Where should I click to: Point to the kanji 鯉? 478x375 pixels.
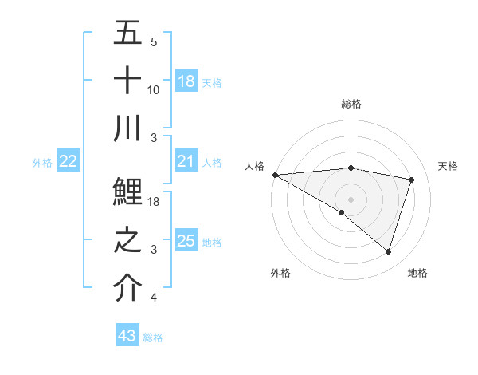(127, 194)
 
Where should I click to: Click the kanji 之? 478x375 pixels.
(127, 241)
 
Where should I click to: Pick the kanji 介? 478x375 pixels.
(127, 289)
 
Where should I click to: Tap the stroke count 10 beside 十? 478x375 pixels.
(154, 89)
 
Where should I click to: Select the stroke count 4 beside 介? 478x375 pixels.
(153, 298)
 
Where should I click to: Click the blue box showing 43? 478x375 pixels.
(127, 336)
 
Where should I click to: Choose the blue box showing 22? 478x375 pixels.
(69, 162)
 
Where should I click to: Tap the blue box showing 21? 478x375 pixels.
(186, 162)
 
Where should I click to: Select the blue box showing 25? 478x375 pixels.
(186, 241)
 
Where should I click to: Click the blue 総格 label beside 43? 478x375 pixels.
(153, 337)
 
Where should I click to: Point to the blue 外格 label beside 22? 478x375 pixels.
(42, 163)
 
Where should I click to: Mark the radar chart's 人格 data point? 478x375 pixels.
(275, 174)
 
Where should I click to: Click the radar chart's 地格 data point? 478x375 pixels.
(388, 251)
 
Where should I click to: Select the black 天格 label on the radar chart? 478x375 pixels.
(449, 166)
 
